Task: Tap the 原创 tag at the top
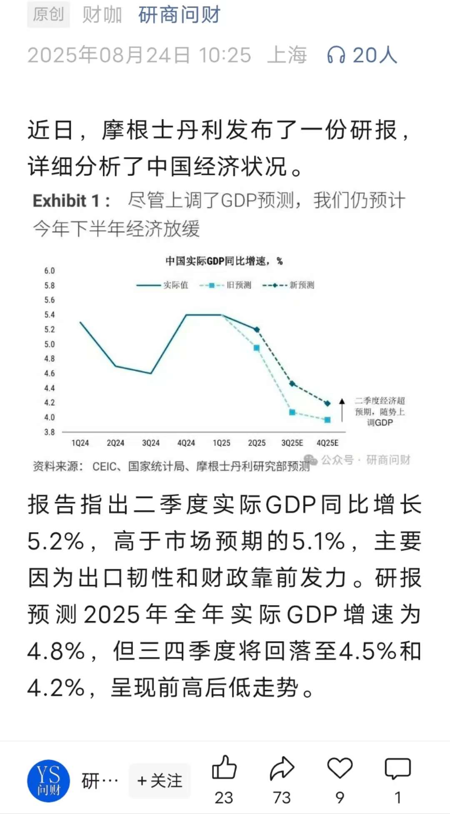[48, 15]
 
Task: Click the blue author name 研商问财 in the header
[179, 15]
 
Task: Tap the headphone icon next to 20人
[336, 55]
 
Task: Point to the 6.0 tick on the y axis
[50, 271]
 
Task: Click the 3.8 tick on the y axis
[50, 432]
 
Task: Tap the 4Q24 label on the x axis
[186, 443]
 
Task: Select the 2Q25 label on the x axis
[257, 443]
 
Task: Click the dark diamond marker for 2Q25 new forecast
[257, 330]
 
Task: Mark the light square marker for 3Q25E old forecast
[292, 412]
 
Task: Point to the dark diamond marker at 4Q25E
[327, 403]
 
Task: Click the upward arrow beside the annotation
[342, 410]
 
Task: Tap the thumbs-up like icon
[224, 767]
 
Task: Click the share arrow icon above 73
[282, 768]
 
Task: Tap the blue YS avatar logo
[48, 781]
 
